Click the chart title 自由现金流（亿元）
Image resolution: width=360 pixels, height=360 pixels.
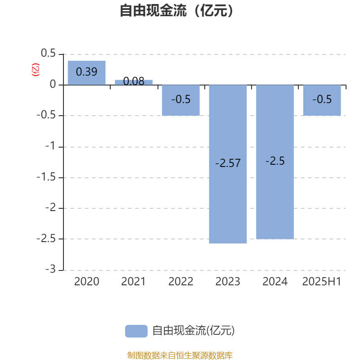click(176, 10)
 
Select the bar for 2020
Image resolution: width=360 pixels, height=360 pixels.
click(86, 73)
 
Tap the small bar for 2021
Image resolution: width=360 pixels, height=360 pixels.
click(134, 82)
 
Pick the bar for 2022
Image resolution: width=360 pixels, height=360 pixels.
click(181, 100)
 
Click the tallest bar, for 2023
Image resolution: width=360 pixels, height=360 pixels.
click(228, 164)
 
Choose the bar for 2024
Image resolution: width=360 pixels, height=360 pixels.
click(275, 162)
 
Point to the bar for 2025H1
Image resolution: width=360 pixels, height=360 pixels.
click(322, 100)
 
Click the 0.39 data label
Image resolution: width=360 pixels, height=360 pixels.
click(86, 72)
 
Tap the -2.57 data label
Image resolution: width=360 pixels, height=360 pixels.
click(228, 163)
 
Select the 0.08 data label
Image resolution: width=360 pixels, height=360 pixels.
click(134, 81)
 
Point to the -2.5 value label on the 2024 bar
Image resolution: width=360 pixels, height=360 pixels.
click(275, 161)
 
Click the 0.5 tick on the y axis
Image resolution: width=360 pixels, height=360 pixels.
click(48, 53)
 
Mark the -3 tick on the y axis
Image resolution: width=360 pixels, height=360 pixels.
click(50, 269)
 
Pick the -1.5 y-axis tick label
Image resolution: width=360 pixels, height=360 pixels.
click(46, 177)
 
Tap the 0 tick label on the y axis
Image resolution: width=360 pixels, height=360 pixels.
click(53, 84)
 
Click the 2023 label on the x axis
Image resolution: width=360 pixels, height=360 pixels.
click(228, 282)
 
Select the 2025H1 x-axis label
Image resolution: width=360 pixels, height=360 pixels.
click(322, 282)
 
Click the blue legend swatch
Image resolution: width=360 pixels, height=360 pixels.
click(136, 331)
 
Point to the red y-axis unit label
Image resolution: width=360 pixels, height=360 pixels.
click(36, 70)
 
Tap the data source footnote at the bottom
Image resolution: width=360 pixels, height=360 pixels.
click(180, 355)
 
